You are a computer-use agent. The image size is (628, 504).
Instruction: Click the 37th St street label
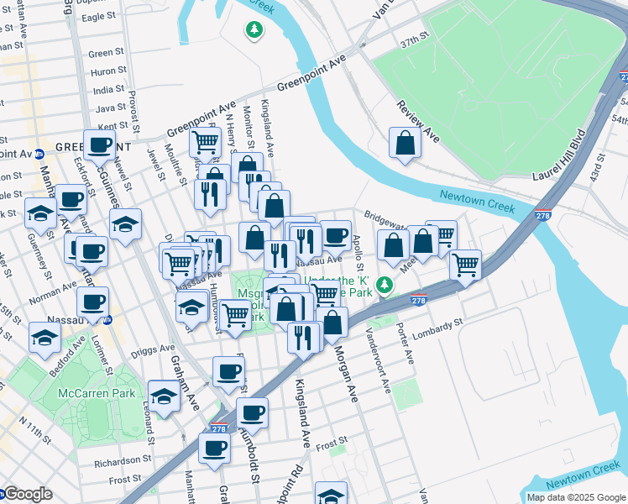[x=413, y=39]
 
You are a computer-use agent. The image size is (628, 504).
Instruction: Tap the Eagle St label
[x=98, y=16]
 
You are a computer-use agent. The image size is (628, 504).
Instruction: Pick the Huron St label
[x=107, y=71]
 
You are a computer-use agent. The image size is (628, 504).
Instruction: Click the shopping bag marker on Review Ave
[x=405, y=144]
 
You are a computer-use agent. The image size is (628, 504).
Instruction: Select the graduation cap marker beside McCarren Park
[x=164, y=396]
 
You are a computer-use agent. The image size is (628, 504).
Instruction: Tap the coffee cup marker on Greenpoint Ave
[x=99, y=144]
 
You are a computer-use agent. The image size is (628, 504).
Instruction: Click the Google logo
[x=28, y=494]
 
